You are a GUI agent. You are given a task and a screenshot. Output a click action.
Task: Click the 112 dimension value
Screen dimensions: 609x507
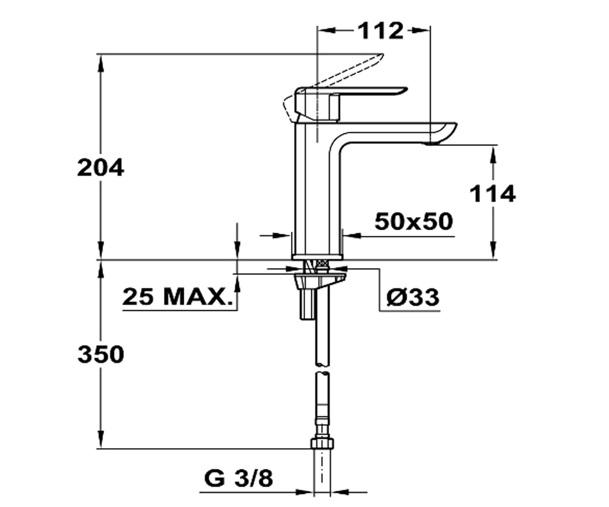point(381,30)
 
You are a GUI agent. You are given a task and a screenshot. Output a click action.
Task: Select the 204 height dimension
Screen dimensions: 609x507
point(100,168)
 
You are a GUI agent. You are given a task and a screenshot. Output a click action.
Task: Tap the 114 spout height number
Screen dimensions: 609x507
point(493,194)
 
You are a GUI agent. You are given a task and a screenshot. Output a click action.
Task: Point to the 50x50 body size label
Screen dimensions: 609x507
point(414,222)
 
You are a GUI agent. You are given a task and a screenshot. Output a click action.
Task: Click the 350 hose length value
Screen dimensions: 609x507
point(101,354)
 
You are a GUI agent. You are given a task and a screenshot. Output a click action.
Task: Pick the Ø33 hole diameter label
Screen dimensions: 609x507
point(413,298)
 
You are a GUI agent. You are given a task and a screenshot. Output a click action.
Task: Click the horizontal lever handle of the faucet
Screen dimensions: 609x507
point(364,91)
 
